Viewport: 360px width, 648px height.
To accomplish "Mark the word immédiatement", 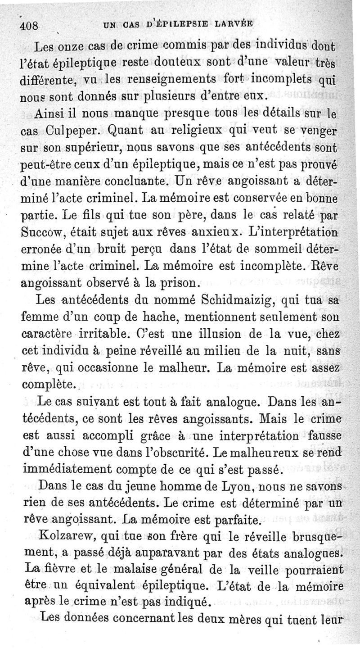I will click(69, 470).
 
